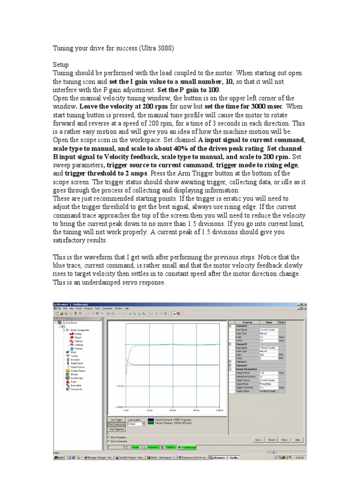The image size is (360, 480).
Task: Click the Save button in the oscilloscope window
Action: click(x=258, y=440)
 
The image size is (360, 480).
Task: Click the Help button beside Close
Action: click(x=297, y=440)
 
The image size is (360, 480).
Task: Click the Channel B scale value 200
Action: click(x=268, y=354)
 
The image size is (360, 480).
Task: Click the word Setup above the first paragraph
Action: click(x=61, y=65)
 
